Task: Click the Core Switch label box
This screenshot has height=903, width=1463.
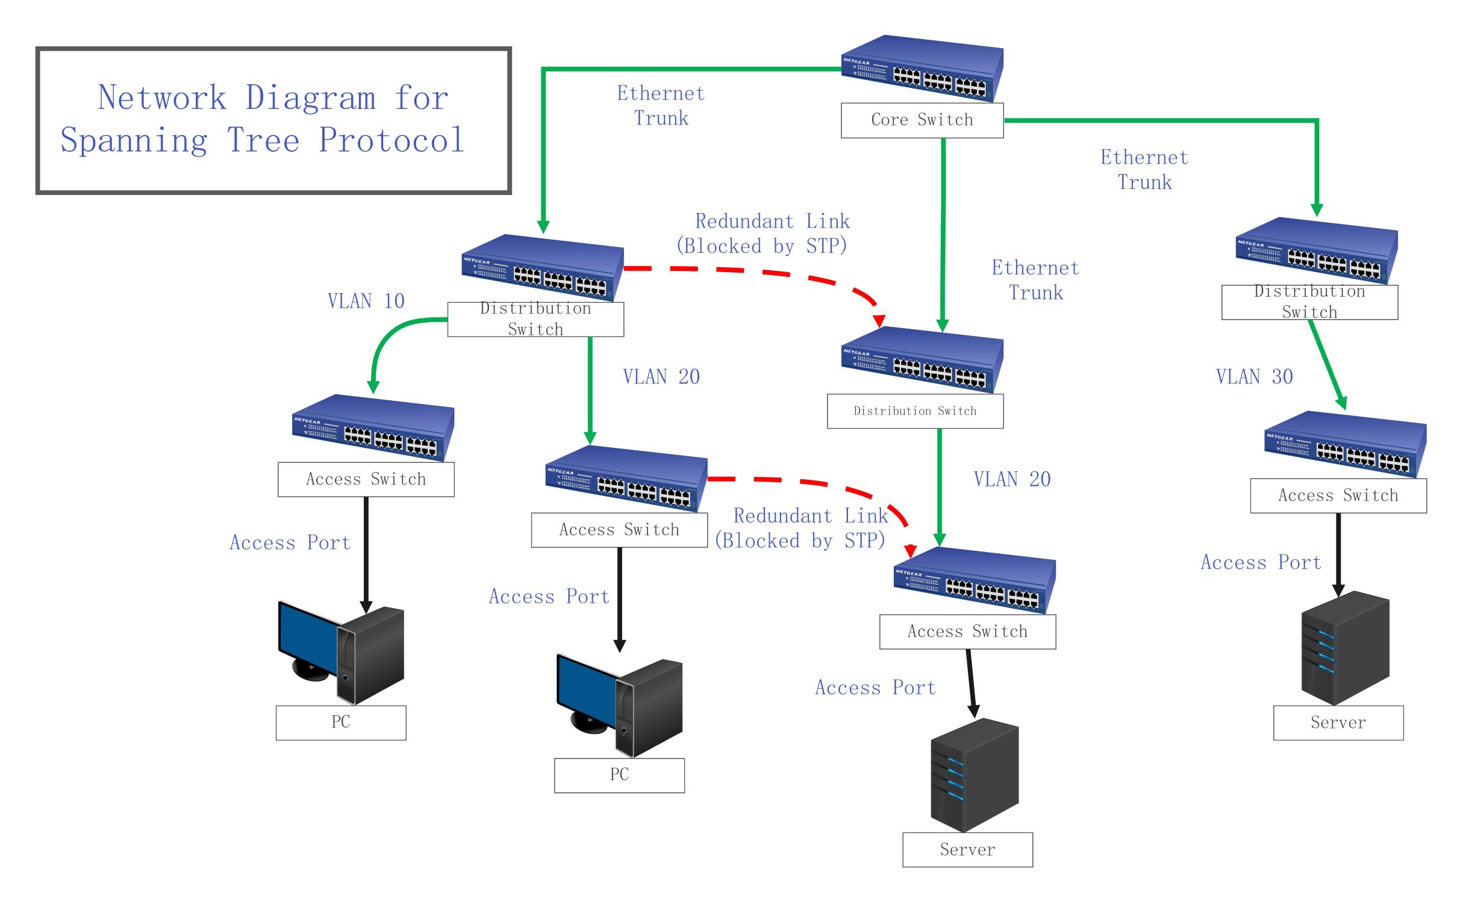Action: coord(922,120)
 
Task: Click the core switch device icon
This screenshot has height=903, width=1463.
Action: coord(922,69)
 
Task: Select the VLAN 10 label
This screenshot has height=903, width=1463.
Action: coord(366,301)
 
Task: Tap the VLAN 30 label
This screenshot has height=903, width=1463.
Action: coord(1254,377)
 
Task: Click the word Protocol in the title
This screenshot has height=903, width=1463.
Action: coord(391,140)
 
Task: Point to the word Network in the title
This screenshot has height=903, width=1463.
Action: coord(161,98)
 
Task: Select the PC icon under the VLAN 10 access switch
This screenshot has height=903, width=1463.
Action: coord(341,653)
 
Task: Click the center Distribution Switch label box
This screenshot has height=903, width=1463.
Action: coord(914,411)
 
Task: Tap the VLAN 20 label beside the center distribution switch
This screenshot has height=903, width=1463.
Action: coord(1012,479)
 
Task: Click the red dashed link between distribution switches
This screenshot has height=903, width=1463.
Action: coord(765,273)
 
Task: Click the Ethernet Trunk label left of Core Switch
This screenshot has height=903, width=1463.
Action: coord(661,105)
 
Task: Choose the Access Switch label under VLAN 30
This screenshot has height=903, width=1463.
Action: coord(1338,495)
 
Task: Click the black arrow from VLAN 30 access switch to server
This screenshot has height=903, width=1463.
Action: coord(1338,554)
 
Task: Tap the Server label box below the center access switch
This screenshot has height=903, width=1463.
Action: coord(967,849)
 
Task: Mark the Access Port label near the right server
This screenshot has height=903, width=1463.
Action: coord(1261,562)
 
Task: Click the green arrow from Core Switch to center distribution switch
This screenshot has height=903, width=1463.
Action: coord(943,235)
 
